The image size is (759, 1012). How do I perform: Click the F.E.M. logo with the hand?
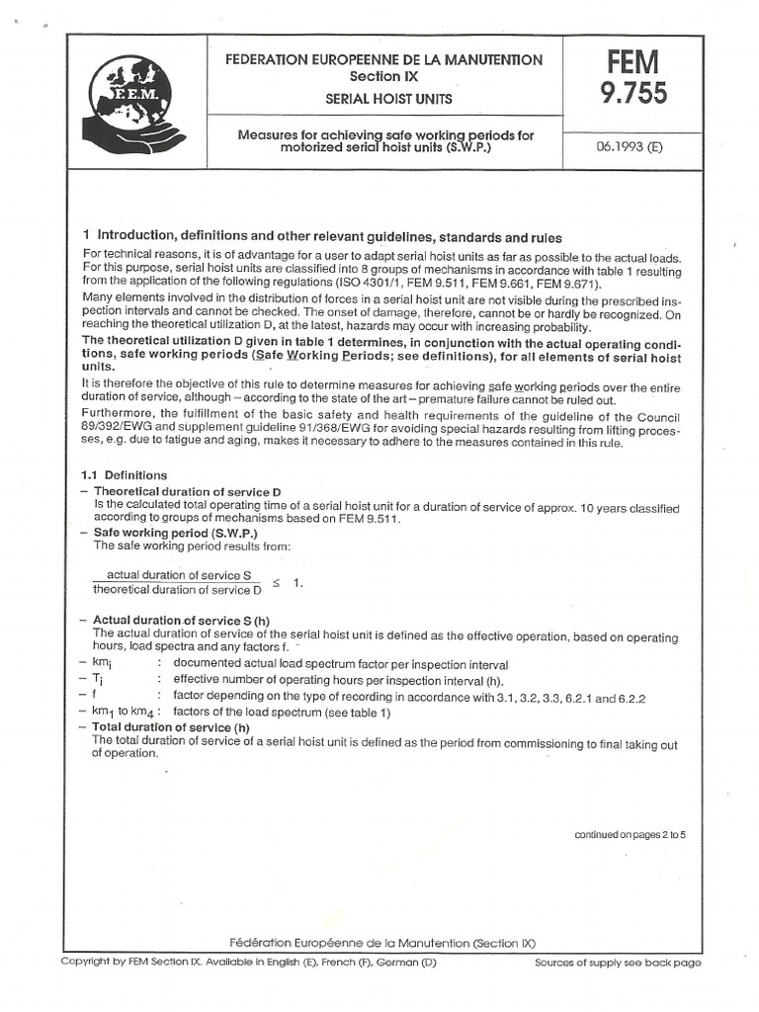click(x=133, y=99)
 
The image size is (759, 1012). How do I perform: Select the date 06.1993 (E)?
click(x=629, y=144)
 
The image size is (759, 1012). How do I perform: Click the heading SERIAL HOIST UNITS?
click(x=383, y=99)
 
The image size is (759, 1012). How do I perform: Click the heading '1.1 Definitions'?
click(x=125, y=475)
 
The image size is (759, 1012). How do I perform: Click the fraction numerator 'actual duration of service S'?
click(x=178, y=575)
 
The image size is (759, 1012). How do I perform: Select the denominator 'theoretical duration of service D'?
click(x=178, y=590)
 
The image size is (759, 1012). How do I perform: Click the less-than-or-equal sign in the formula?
click(x=277, y=583)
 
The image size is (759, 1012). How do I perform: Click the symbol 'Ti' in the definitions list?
click(x=98, y=681)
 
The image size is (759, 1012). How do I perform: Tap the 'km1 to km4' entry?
click(x=123, y=712)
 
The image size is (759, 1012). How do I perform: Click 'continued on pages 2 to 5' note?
click(x=630, y=835)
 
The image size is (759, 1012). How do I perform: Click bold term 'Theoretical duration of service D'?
click(x=187, y=490)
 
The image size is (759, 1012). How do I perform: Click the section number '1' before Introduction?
click(x=87, y=237)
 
